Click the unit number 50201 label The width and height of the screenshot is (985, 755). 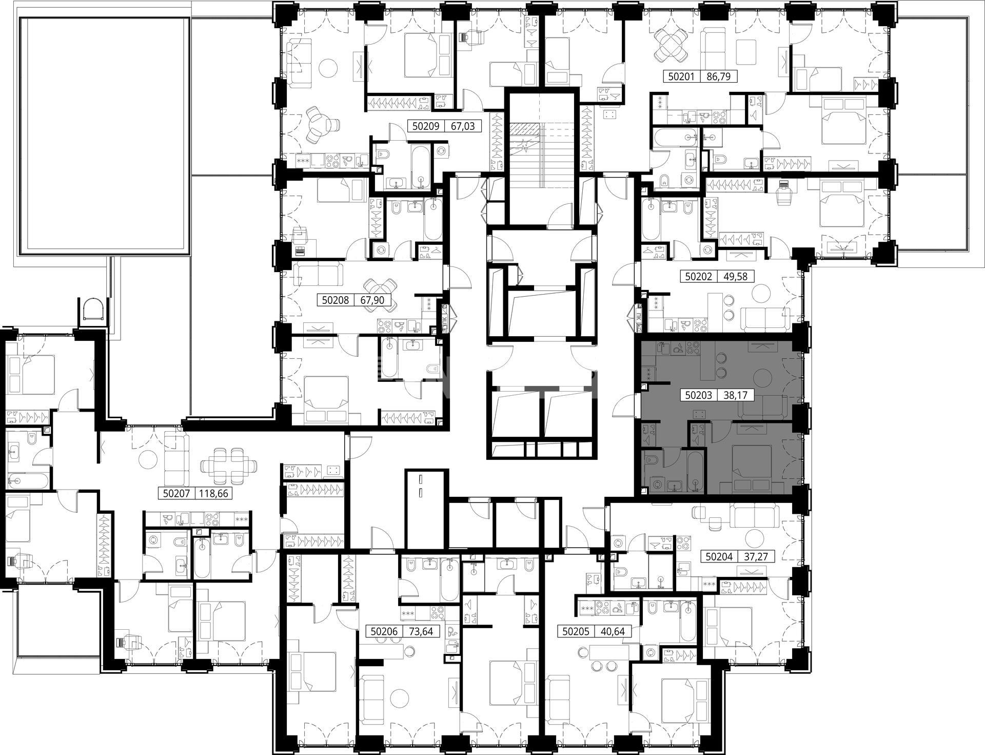point(681,77)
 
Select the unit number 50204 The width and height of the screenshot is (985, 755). point(720,556)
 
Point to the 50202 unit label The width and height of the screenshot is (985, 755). point(699,276)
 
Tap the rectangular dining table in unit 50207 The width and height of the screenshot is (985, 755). point(229,466)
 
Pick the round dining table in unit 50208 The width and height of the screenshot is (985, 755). point(379,290)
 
